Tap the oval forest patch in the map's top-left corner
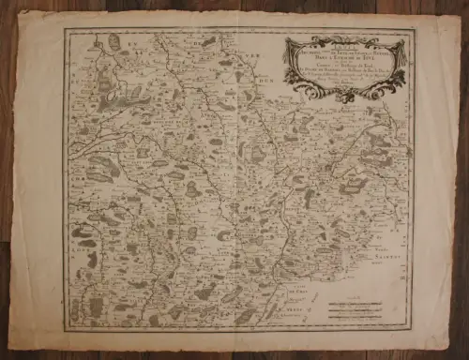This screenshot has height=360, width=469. pyautogui.click(x=114, y=41)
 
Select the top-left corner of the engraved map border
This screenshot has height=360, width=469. pyautogui.click(x=64, y=28)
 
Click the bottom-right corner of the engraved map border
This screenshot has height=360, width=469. pyautogui.click(x=415, y=328)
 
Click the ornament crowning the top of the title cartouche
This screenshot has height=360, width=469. pyautogui.click(x=346, y=39)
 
